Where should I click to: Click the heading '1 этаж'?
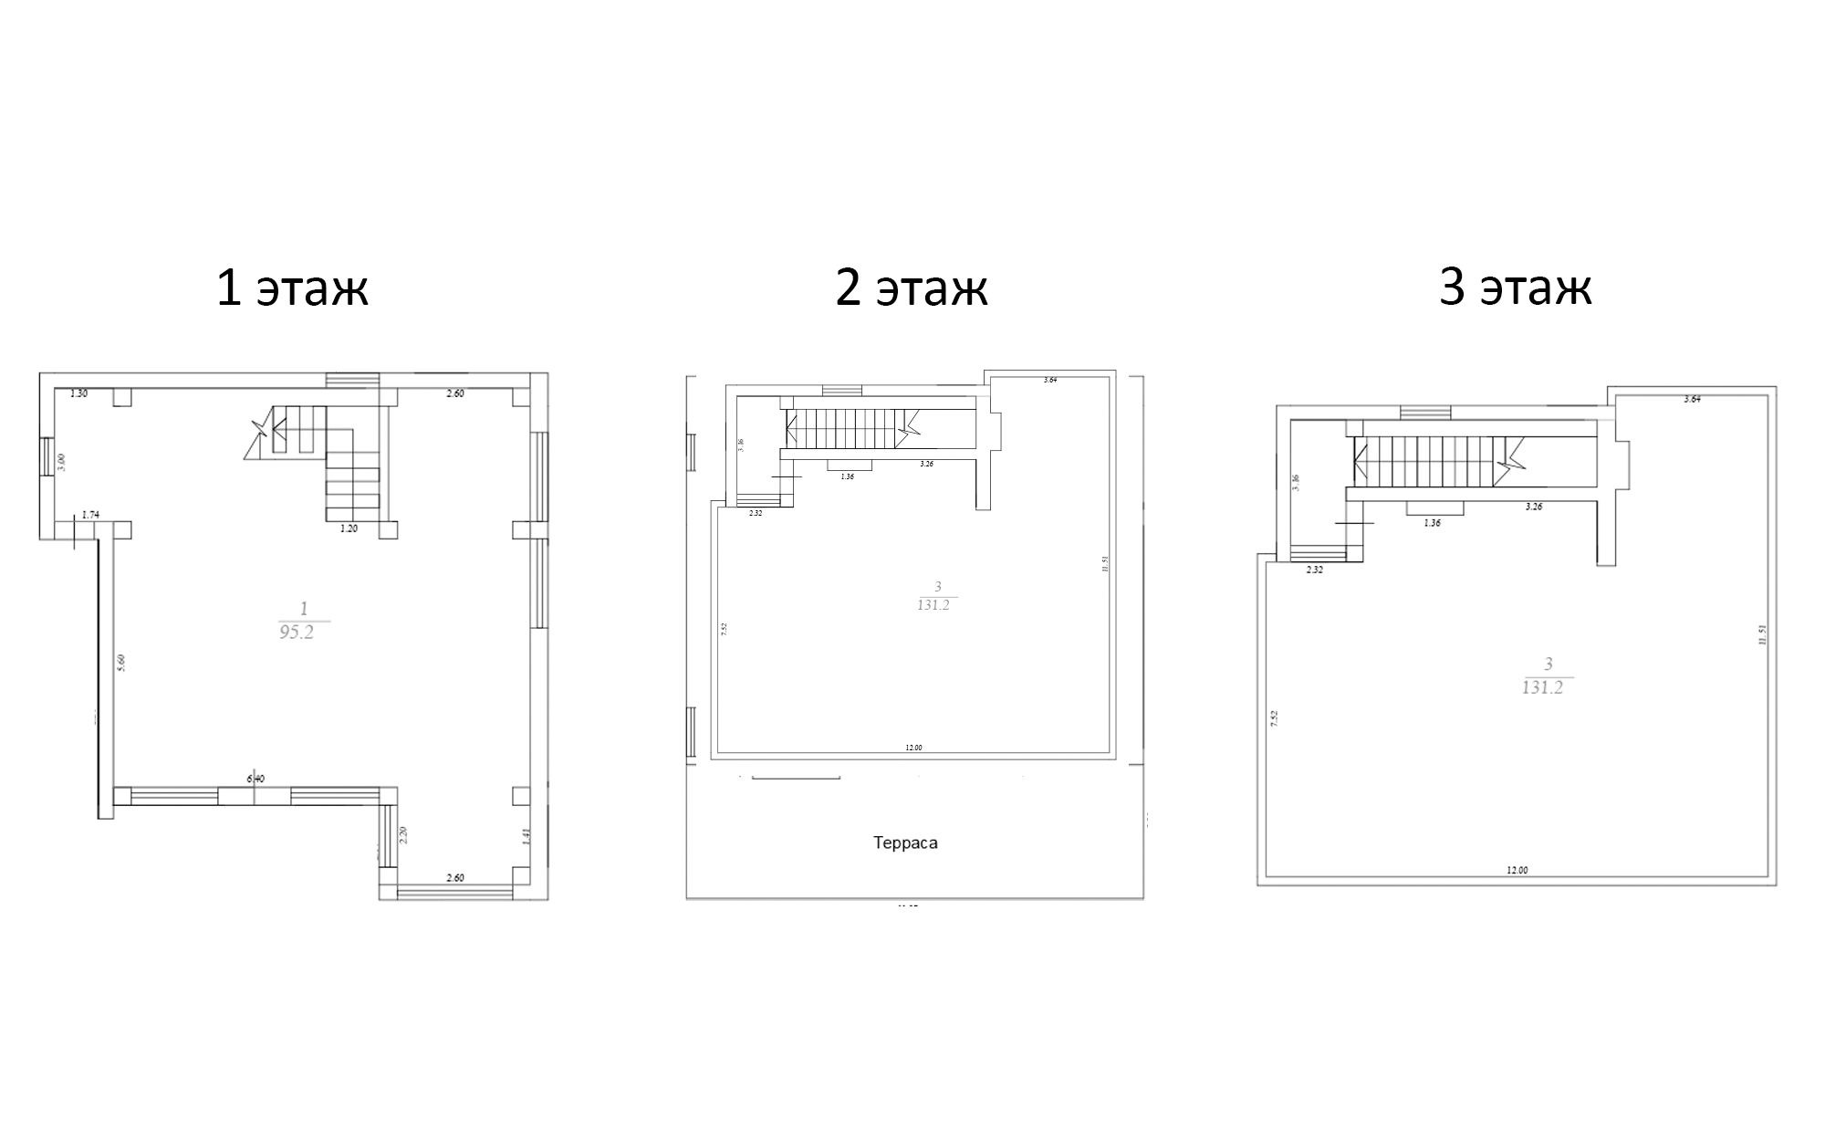click(292, 288)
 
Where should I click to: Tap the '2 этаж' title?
click(912, 288)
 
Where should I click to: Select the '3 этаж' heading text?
click(1516, 288)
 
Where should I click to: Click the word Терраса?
click(905, 842)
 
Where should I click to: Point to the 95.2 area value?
click(297, 632)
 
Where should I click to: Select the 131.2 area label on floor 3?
click(1542, 687)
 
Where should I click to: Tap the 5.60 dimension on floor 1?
click(121, 663)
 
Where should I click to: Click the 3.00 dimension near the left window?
click(62, 462)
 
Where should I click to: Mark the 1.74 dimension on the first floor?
click(90, 515)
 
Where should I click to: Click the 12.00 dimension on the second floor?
click(913, 748)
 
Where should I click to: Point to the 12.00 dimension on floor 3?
click(1517, 870)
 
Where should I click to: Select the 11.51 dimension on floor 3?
click(1762, 635)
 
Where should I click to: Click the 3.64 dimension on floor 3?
click(1692, 399)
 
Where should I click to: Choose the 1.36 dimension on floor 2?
click(848, 476)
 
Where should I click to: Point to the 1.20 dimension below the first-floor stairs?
click(349, 528)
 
